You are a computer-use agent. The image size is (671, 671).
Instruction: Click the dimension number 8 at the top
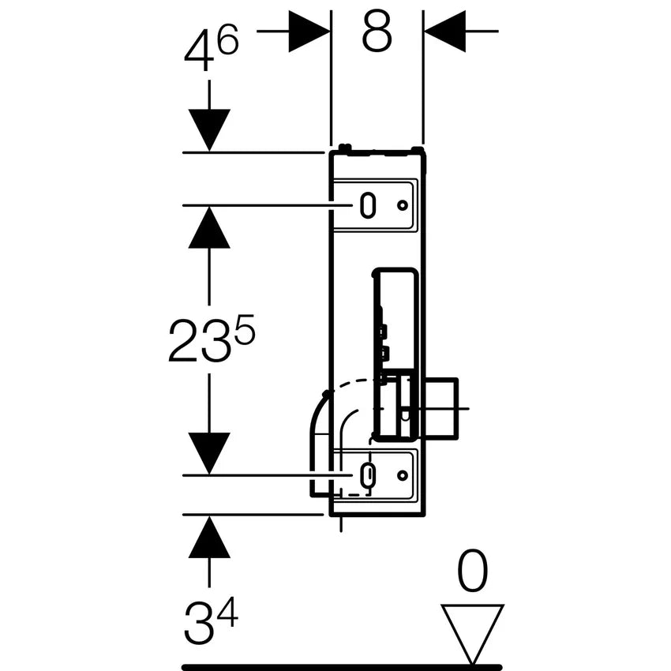coord(377,32)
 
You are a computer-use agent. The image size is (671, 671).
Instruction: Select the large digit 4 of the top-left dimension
coord(199,51)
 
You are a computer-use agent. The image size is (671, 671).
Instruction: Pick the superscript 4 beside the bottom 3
coord(227,612)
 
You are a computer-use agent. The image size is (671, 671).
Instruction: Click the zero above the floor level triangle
coord(472,570)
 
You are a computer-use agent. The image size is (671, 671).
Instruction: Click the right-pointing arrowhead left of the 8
coord(309,32)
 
